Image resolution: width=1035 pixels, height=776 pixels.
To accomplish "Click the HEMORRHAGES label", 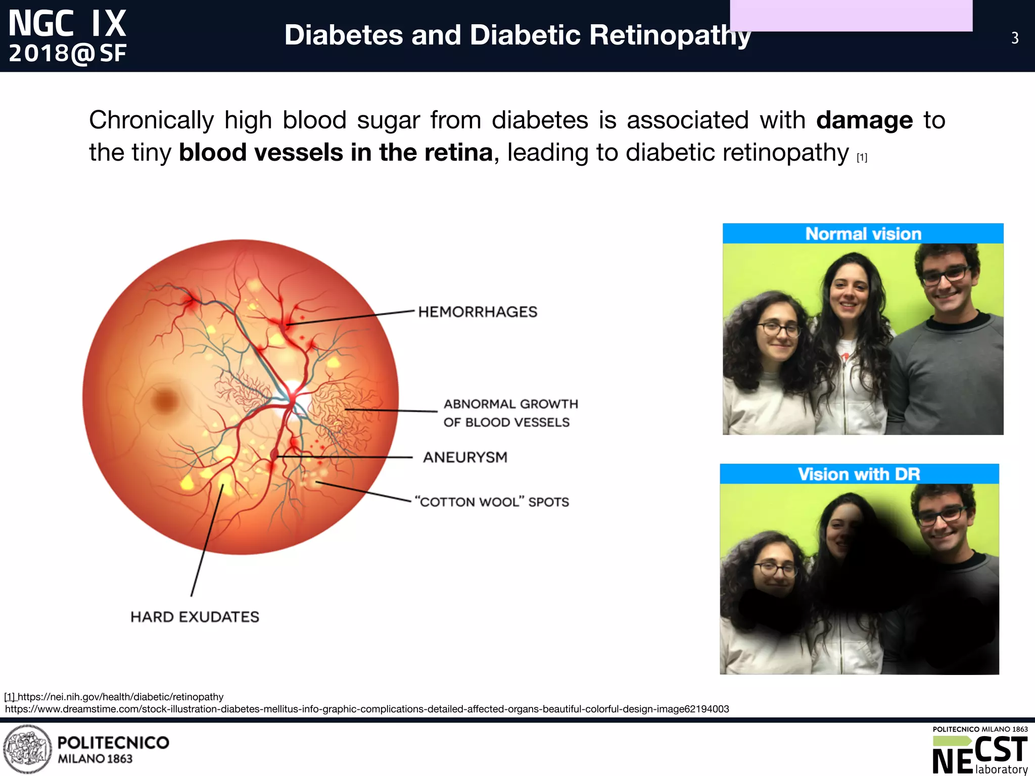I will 478,312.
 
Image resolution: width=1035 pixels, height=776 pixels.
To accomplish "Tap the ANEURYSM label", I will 465,457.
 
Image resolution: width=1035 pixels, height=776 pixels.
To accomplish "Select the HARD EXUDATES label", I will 195,617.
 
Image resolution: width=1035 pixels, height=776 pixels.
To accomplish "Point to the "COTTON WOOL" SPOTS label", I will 492,502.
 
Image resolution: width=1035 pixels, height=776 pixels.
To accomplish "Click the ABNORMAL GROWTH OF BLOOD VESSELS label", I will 510,413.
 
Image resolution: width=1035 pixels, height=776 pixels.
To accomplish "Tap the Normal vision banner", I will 863,234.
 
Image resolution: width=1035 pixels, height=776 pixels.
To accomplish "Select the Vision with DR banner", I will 859,474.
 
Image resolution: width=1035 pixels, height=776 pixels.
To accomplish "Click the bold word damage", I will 864,120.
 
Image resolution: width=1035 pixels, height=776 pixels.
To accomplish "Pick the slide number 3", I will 1015,38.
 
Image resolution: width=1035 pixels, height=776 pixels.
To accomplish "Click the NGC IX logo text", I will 67,24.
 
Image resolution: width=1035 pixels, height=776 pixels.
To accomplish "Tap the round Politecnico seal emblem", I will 27,749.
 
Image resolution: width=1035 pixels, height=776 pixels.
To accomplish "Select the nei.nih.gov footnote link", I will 120,697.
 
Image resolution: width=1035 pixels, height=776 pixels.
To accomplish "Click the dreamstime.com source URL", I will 367,709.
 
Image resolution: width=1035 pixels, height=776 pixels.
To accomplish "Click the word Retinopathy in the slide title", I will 670,35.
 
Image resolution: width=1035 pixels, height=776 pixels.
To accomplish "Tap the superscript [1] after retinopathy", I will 862,158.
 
